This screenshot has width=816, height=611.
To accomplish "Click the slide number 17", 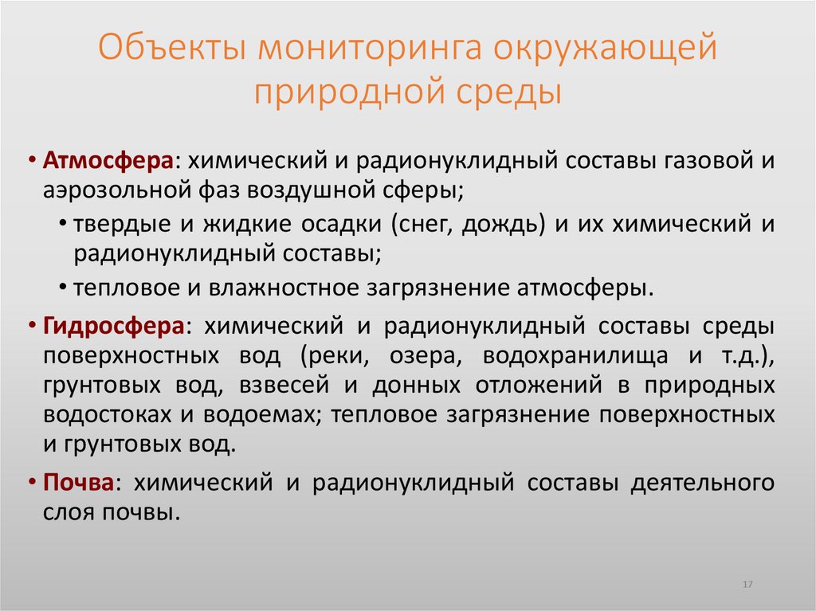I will click(747, 585).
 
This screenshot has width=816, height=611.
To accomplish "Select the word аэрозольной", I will click(114, 190).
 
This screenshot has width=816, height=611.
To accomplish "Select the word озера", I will click(419, 355).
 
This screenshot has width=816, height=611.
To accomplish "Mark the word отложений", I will click(532, 385).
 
